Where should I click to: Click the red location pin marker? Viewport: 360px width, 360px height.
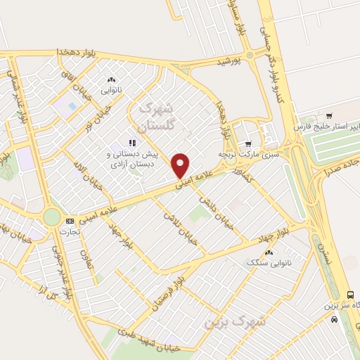181,165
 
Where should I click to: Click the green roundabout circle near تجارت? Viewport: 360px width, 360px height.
52,217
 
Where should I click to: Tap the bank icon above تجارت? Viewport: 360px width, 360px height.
69,221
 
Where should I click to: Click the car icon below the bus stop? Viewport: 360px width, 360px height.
334,319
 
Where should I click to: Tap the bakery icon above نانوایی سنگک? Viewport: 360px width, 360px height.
268,252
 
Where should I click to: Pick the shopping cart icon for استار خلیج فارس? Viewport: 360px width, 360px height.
329,116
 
